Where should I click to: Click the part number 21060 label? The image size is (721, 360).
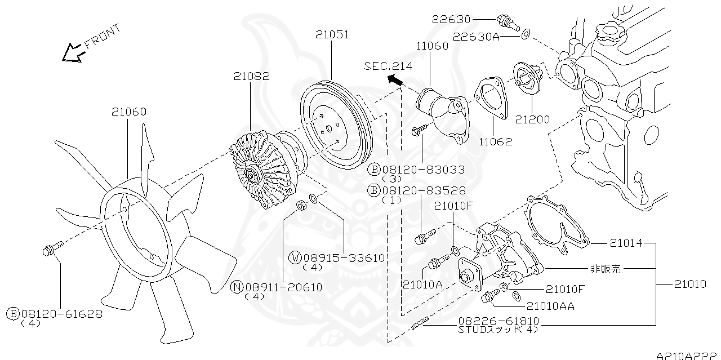click(x=128, y=112)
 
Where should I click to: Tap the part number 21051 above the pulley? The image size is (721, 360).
click(x=332, y=34)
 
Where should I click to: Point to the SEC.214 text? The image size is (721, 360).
click(x=388, y=66)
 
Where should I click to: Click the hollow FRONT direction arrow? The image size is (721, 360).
click(x=73, y=52)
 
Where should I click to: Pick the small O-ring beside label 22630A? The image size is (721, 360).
click(x=525, y=34)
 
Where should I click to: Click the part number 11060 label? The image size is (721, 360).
click(x=433, y=46)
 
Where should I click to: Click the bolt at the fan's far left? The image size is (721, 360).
click(x=49, y=250)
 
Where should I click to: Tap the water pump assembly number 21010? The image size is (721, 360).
click(x=689, y=285)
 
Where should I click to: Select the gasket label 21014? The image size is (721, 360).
click(x=626, y=243)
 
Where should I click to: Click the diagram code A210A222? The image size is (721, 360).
click(x=687, y=355)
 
